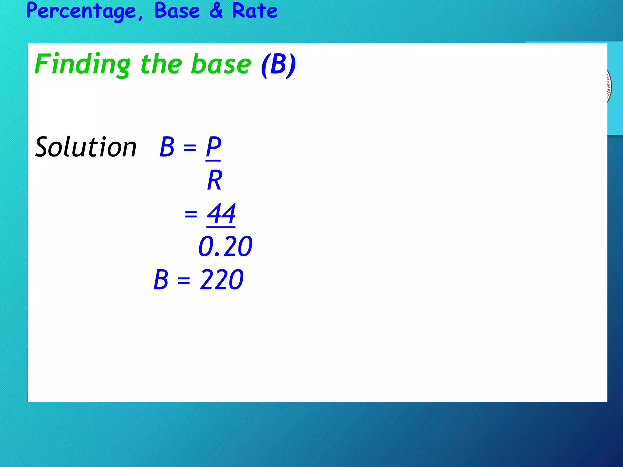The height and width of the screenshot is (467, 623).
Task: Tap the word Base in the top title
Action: [177, 11]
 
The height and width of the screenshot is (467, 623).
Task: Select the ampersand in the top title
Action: [216, 11]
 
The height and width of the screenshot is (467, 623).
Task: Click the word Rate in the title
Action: [255, 11]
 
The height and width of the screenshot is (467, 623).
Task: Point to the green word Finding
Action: [82, 64]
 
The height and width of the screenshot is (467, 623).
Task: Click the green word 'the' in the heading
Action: [161, 64]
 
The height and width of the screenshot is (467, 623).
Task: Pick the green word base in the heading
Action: [221, 64]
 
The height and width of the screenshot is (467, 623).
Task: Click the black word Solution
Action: [86, 147]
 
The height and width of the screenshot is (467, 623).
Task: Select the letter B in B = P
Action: [167, 147]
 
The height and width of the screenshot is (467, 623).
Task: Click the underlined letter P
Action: [213, 147]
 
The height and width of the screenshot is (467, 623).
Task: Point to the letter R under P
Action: [214, 180]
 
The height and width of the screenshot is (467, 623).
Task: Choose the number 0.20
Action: [225, 246]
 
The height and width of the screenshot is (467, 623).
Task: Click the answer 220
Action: [221, 280]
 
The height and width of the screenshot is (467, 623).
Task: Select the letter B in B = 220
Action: [161, 280]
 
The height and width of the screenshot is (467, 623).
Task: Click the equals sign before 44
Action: [191, 214]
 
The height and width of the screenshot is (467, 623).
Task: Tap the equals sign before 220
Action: [184, 281]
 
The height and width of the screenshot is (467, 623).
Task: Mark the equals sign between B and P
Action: [190, 148]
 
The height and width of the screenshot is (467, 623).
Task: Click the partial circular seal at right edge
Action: [609, 87]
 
